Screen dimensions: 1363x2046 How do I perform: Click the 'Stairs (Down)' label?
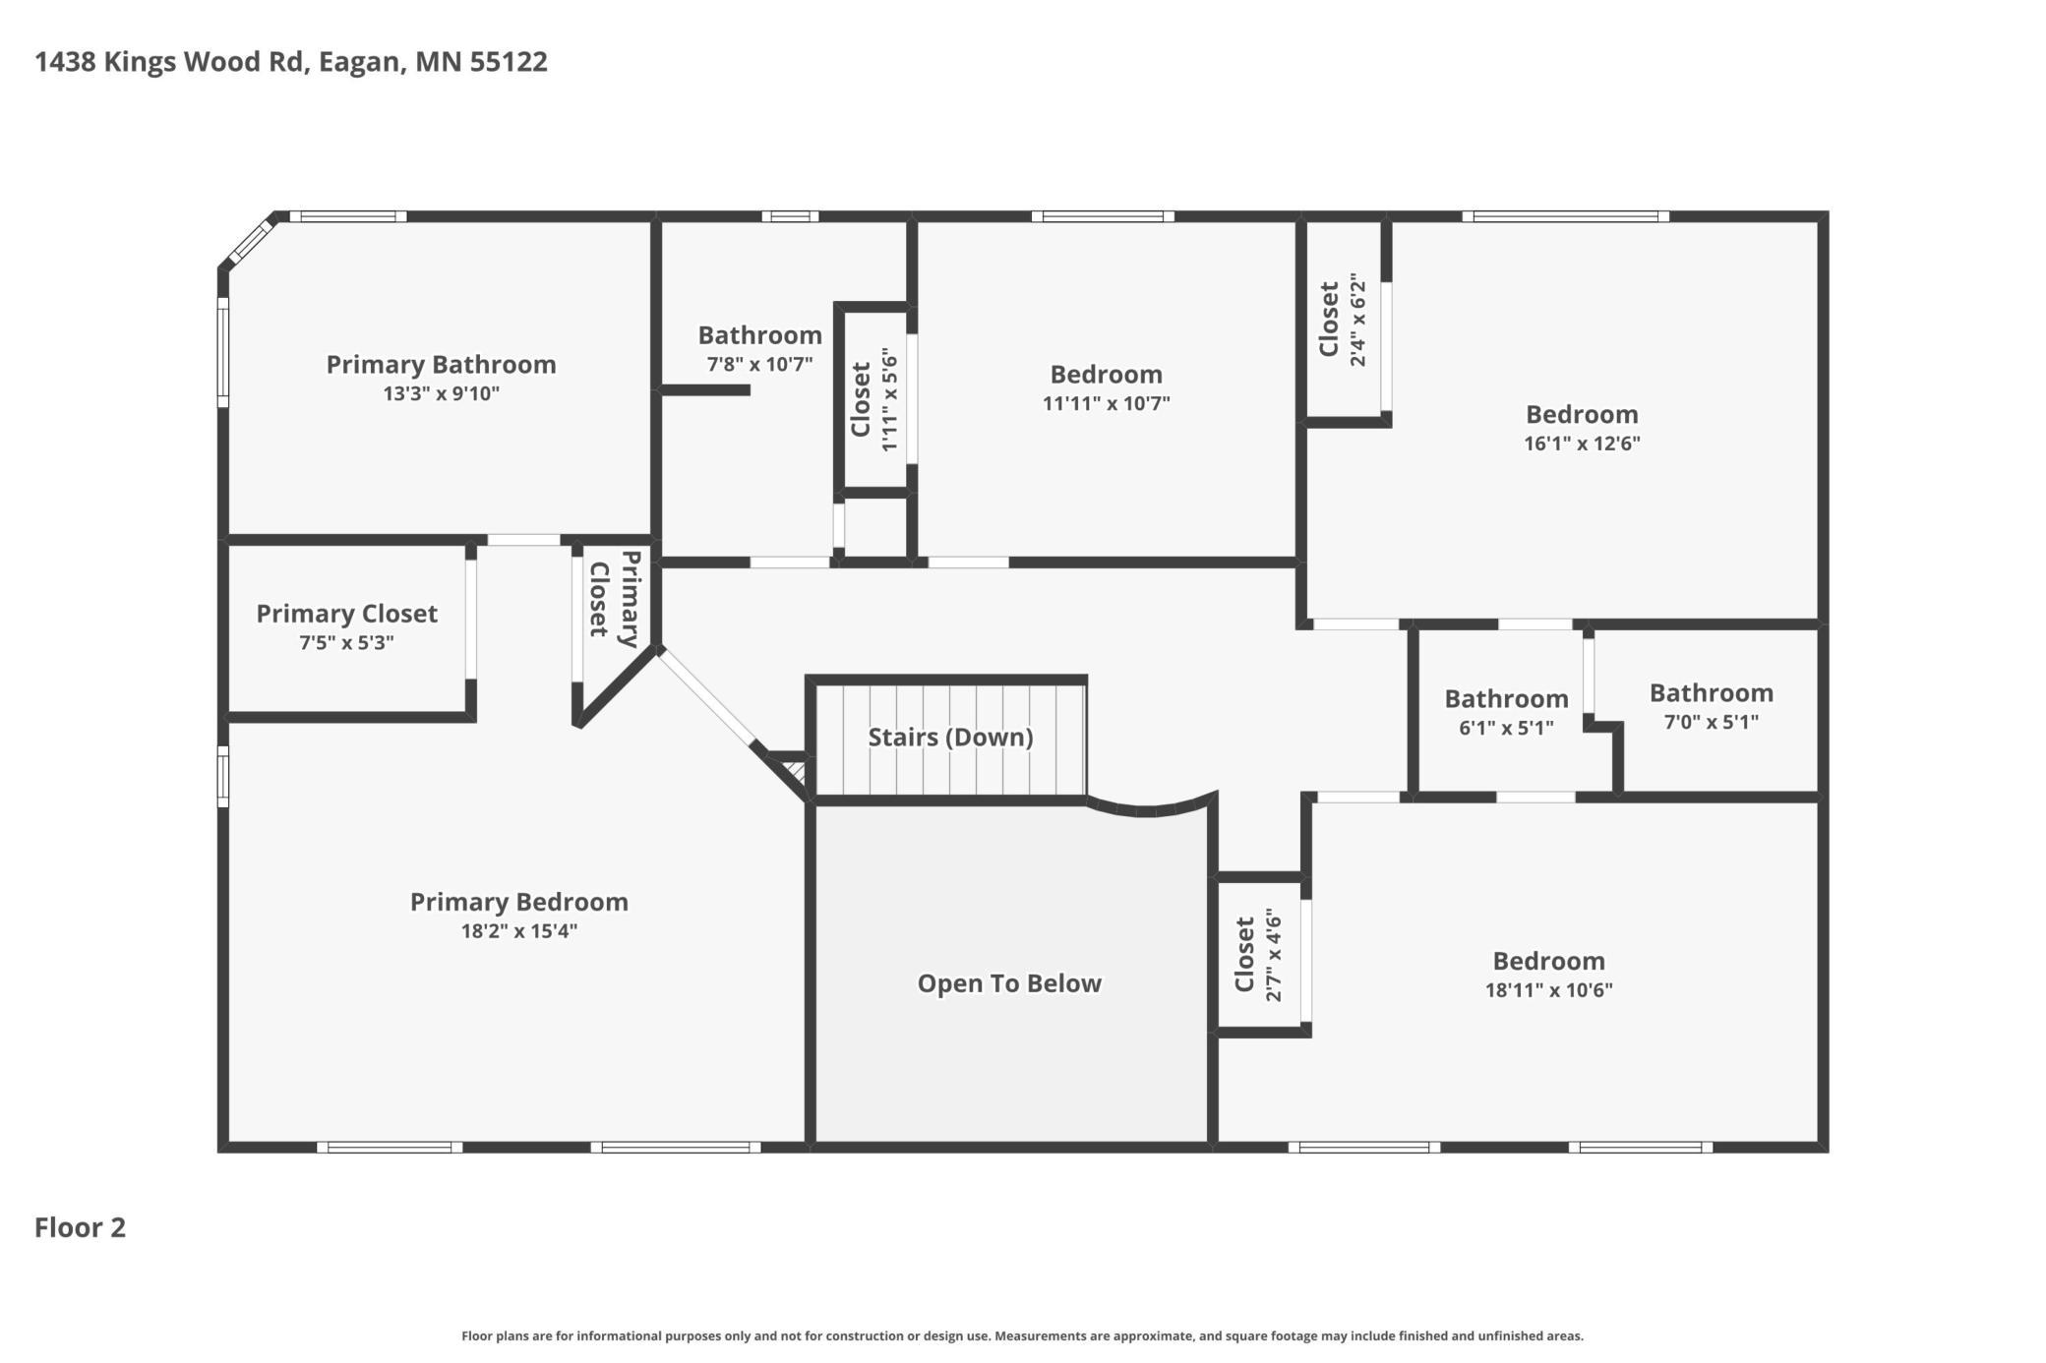949,737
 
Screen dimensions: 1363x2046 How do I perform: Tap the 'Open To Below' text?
1008,983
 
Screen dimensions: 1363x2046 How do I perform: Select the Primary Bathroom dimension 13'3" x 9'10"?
441,394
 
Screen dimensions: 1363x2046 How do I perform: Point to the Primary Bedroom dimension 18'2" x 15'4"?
518,931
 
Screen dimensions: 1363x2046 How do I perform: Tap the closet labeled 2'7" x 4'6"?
1257,955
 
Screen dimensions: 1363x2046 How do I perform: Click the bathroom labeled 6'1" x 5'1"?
1505,712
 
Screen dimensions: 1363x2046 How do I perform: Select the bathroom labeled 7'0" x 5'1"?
1711,706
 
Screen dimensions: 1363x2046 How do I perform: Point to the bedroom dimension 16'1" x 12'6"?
1582,444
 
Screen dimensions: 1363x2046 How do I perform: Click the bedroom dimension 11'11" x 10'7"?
1106,403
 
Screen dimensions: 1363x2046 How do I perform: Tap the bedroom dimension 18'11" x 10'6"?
1548,990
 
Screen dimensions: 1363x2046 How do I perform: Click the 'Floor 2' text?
80,1227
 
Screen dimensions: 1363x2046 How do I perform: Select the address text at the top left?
291,62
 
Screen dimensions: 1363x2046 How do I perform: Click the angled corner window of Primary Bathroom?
249,242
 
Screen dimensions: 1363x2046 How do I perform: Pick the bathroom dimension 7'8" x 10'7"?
759,365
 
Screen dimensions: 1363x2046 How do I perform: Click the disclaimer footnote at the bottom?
1022,1335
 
